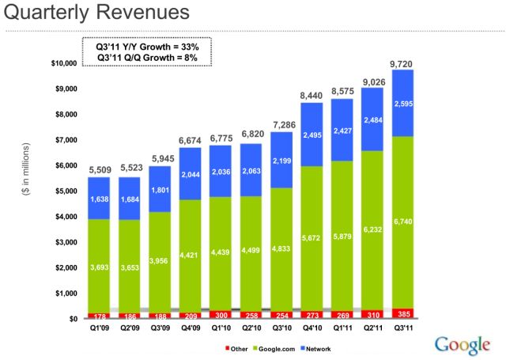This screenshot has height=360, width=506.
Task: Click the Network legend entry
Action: (x=317, y=347)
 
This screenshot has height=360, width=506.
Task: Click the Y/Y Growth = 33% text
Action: (x=147, y=47)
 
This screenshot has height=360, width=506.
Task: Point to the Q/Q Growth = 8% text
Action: (x=147, y=59)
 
